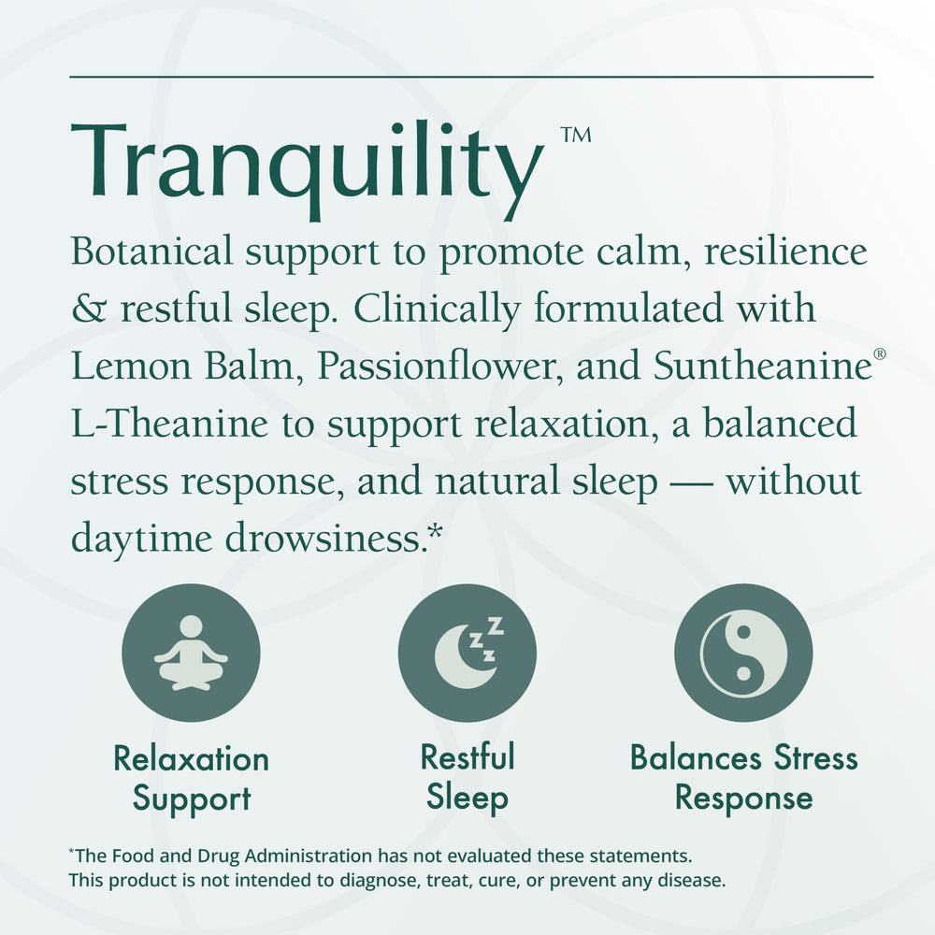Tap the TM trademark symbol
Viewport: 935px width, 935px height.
(576, 137)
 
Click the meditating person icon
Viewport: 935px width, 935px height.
(191, 653)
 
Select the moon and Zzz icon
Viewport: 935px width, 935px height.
(467, 653)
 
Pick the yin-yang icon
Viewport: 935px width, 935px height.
(743, 653)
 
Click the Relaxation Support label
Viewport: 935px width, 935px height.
(191, 778)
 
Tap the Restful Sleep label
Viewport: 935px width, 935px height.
(467, 777)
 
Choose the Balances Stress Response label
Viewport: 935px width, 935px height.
(743, 777)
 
